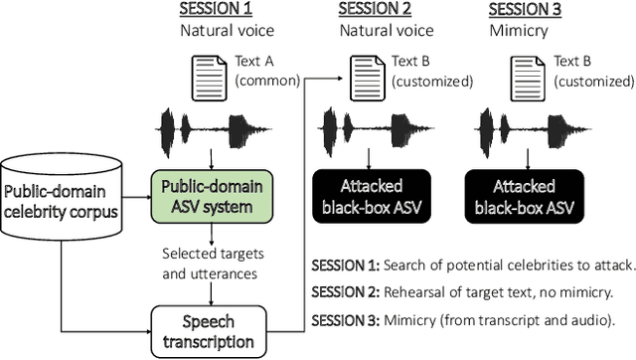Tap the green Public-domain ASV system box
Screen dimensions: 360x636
coord(210,197)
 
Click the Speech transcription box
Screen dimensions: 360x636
coord(210,331)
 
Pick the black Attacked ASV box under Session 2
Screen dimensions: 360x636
coord(371,197)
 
